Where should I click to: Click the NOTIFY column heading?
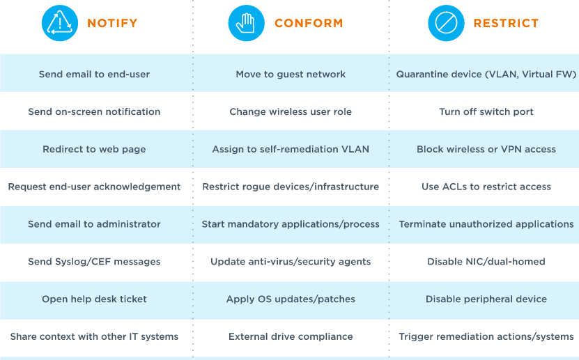112,23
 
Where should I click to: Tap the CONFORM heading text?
309,23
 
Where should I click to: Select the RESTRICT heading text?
506,23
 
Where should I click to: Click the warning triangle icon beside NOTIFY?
60,23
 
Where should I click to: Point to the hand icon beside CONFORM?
246,23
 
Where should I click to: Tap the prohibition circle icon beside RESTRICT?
446,23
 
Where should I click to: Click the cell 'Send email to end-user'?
94,74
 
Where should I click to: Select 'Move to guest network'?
291,74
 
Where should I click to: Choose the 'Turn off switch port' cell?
486,112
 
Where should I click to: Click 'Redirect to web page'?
94,149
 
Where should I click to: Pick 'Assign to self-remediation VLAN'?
291,149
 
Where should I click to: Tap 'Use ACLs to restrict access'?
486,187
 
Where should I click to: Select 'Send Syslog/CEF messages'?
94,262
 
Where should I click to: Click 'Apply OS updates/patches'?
291,299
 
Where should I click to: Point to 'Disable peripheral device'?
486,299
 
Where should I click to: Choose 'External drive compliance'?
291,336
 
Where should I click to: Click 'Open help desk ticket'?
94,299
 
